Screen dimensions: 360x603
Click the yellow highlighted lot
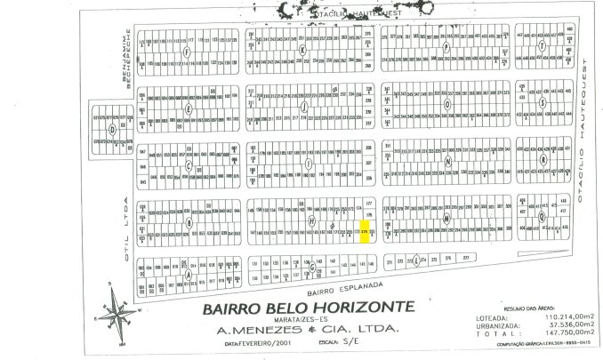366,231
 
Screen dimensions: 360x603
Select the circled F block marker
187,52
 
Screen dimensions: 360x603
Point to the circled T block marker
542,47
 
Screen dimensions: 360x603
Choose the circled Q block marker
542,214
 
